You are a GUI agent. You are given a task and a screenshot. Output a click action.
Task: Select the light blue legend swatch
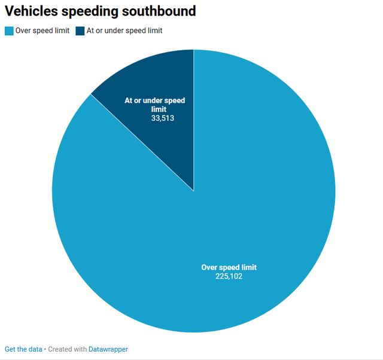(9, 30)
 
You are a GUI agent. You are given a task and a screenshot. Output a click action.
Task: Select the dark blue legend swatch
(80, 30)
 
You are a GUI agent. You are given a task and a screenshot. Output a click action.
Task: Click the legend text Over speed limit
(42, 30)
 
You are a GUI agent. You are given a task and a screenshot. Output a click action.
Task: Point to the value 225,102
(229, 276)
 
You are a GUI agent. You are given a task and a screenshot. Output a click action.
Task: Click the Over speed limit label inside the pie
(229, 267)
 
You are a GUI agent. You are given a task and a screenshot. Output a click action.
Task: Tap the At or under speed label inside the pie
(154, 100)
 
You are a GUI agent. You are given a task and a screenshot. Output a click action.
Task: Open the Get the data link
(23, 349)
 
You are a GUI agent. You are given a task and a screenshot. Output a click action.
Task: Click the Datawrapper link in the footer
(108, 349)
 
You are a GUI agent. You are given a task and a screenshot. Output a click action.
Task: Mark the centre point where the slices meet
(194, 191)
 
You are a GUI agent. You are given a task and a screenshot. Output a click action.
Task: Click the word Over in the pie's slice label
(209, 267)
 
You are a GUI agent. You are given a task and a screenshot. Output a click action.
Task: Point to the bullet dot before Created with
(45, 349)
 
